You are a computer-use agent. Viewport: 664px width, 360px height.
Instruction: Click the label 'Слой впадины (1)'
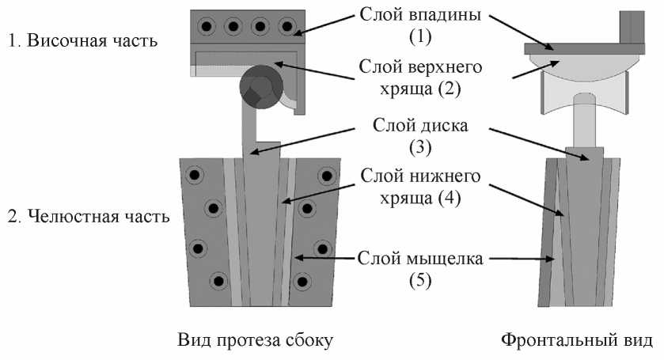point(417,25)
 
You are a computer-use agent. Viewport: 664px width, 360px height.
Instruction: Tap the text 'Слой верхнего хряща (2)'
point(416,77)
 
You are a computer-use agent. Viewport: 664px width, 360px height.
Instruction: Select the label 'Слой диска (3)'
point(417,136)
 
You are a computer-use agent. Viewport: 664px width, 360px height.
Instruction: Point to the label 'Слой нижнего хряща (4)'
point(417,187)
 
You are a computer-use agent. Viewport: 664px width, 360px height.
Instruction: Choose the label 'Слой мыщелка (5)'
point(417,269)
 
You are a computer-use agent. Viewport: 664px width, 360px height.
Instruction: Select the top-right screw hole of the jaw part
point(324,176)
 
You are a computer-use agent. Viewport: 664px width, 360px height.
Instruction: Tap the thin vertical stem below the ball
point(249,127)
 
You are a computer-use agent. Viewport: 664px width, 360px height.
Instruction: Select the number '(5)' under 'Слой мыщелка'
point(417,280)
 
